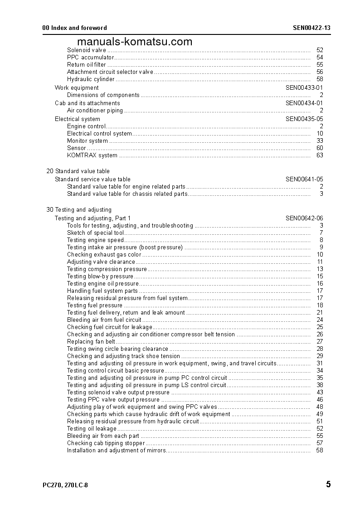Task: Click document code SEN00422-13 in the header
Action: (311, 28)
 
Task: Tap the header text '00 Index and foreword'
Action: (75, 28)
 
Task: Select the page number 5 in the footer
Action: (328, 485)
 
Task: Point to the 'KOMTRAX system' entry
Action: (92, 155)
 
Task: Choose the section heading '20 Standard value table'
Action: (78, 171)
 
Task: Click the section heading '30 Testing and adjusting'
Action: (79, 210)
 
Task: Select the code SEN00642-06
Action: (304, 218)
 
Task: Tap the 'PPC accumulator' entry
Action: (90, 58)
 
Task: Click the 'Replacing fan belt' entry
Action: (91, 342)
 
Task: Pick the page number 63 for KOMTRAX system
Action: (320, 155)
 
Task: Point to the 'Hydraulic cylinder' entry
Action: (91, 79)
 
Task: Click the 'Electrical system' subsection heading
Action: (78, 119)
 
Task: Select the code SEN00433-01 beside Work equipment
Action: (304, 88)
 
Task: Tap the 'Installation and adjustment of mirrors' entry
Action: (116, 451)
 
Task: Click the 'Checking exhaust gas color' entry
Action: (104, 255)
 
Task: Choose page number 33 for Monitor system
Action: (320, 141)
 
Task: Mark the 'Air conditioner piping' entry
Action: (95, 111)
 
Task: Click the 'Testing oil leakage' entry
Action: (92, 429)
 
